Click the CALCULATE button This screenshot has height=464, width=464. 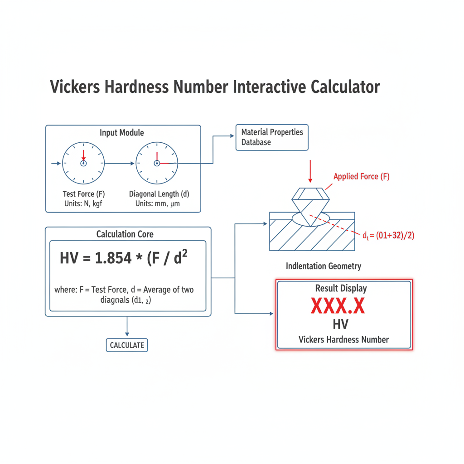tap(127, 345)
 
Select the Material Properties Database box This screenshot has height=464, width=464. tap(272, 137)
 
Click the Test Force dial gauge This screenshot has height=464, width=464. tap(83, 163)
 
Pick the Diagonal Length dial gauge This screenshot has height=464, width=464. tap(157, 163)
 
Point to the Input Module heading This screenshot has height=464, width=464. tap(122, 133)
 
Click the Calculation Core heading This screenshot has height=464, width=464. tap(125, 234)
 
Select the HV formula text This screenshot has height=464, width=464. tap(124, 259)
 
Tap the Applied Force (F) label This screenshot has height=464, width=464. tap(361, 177)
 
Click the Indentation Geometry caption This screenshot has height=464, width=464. tap(324, 266)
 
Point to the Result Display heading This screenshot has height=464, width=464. tap(341, 288)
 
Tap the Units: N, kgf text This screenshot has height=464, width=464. tap(83, 203)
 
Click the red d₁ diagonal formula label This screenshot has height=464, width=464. tap(389, 236)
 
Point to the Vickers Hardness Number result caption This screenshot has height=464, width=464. tap(343, 339)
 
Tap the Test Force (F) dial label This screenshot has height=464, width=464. tap(84, 194)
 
